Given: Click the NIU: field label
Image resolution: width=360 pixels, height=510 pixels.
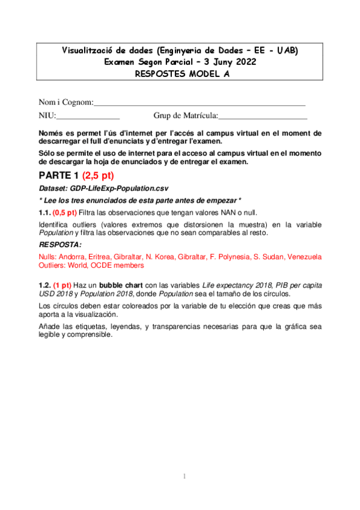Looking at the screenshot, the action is (x=47, y=115).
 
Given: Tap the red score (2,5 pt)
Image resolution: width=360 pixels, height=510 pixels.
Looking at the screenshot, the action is (x=98, y=176).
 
